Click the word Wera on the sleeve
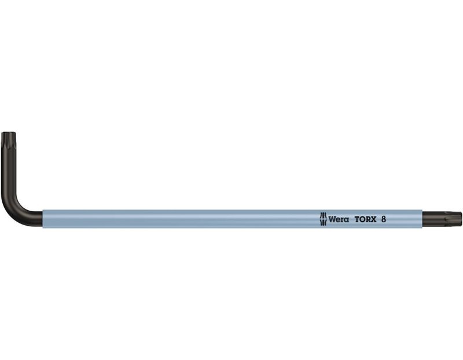coord(339,219)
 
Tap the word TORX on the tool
coord(366,219)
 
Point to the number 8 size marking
coord(383,219)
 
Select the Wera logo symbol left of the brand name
coord(324,219)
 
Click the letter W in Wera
coord(332,219)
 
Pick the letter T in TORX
coord(357,219)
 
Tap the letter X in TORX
coord(374,219)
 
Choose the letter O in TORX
coord(362,219)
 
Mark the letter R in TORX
coord(368,219)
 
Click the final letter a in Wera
coord(346,221)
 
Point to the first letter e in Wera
coord(338,221)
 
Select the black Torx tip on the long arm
coord(442,219)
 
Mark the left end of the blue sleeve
coord(43,219)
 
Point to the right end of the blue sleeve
coord(422,219)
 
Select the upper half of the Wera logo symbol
coord(324,215)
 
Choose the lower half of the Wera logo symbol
coord(324,222)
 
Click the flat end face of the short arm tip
coord(9,133)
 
